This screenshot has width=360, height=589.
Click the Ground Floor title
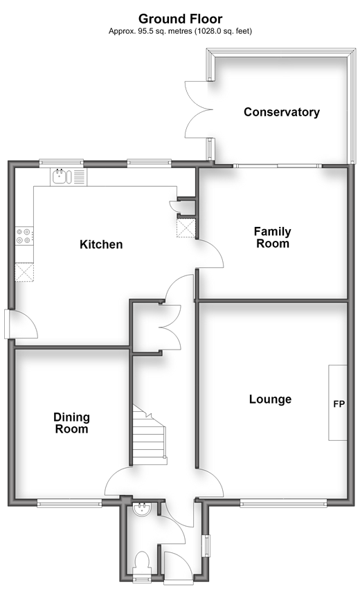coord(181,19)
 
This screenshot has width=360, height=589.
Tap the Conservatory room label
coord(282,112)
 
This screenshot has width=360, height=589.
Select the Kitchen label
coord(101,244)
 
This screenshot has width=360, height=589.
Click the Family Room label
coord(273,237)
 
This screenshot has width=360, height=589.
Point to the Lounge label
coord(270,399)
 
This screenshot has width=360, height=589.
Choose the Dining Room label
coord(71,423)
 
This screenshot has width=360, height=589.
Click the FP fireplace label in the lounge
coord(339,404)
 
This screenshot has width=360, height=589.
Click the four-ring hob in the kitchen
coord(24,236)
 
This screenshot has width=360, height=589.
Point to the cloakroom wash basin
coord(143,509)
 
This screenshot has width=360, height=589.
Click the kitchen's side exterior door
coord(21,324)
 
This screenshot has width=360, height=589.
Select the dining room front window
coord(69,503)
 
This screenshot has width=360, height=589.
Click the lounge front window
coord(283,503)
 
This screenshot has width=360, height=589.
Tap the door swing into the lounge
coord(210,484)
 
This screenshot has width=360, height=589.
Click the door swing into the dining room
coord(118,482)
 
